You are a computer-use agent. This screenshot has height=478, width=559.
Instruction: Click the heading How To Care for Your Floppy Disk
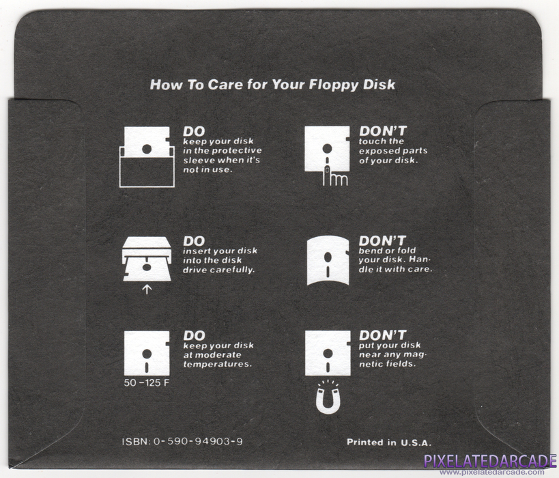(272, 85)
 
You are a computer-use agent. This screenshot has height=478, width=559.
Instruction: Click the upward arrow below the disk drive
(147, 290)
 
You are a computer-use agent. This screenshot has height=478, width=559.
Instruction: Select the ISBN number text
(182, 442)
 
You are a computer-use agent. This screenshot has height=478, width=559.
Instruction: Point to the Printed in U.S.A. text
(389, 442)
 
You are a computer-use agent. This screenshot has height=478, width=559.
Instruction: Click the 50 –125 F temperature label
(147, 383)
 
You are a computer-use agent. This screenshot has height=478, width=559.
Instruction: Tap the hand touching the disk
(334, 177)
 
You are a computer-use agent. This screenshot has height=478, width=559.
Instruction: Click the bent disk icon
(328, 260)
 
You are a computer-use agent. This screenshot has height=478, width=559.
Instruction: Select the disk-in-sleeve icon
(147, 157)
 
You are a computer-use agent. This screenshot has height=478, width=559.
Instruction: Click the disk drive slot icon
(147, 259)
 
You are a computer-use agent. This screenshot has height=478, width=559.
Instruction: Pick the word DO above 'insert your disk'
(194, 241)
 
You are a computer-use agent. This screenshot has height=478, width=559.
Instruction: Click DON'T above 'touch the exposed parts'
(382, 131)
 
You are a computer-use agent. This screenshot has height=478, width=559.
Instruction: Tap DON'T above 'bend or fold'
(382, 240)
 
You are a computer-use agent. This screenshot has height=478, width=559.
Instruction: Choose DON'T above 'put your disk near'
(382, 335)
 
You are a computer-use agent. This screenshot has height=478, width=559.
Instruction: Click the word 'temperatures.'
(218, 364)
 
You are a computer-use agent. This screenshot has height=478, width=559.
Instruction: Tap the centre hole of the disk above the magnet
(328, 353)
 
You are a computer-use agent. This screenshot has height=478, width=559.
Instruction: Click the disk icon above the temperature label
(147, 353)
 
